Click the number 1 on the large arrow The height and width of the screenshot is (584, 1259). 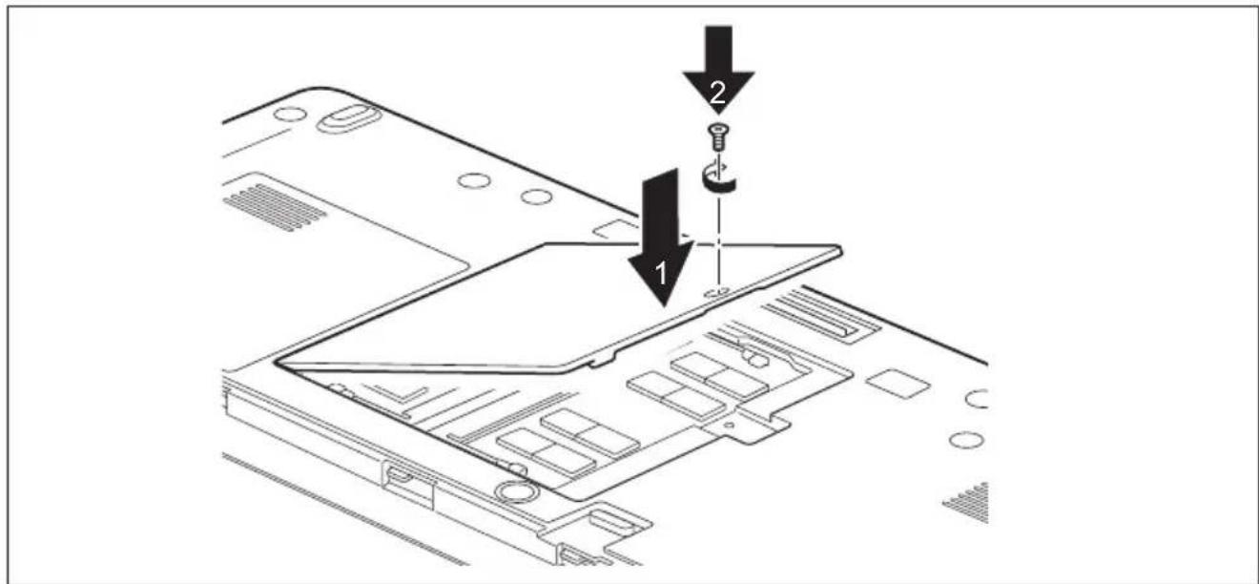[662, 274]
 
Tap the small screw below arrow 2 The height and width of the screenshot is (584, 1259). [716, 137]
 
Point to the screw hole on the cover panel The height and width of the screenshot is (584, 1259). [717, 293]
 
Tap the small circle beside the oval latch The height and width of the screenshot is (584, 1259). [289, 114]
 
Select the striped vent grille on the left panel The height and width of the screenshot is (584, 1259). [276, 207]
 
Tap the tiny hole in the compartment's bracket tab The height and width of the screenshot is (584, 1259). [728, 425]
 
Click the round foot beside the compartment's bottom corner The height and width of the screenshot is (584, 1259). [515, 490]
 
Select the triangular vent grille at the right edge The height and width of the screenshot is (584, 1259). [968, 503]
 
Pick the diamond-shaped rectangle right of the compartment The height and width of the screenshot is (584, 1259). [897, 381]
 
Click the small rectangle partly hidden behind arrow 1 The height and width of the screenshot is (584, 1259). [617, 228]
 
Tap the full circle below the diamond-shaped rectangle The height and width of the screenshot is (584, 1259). [965, 439]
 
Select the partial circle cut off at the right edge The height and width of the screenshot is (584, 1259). [977, 398]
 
